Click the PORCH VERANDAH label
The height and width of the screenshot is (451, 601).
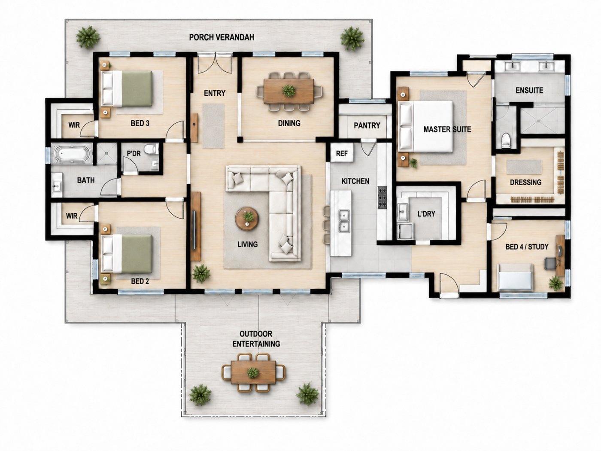222,37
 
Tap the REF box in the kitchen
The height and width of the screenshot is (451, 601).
342,153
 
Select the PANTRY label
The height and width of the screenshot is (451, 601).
367,125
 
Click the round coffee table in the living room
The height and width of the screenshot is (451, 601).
247,218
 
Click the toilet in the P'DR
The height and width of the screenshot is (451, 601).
151,149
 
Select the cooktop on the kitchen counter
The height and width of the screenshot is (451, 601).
382,198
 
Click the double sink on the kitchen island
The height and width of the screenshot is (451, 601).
344,221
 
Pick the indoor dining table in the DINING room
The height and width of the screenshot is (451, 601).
289,91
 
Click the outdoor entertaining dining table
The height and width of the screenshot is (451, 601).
253,372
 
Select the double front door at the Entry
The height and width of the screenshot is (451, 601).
215,64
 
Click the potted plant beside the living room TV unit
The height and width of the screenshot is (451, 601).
201,274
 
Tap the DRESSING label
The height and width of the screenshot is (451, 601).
526,182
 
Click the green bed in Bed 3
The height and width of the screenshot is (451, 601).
127,88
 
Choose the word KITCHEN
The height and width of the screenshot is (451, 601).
355,181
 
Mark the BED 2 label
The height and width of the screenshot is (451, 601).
140,281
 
